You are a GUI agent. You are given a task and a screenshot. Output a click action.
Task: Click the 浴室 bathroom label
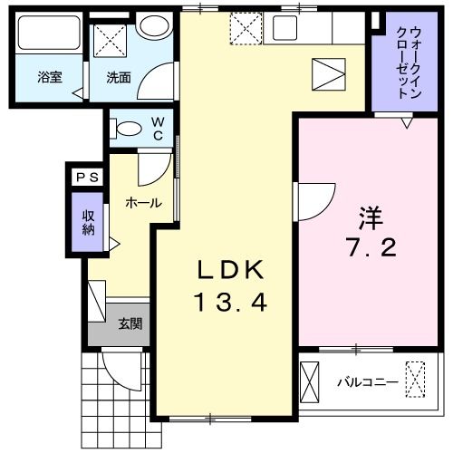point(49,78)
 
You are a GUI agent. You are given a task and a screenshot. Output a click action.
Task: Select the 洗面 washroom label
point(119,78)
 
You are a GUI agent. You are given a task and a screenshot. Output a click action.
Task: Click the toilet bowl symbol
point(129,128)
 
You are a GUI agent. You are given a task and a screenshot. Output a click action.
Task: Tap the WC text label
point(158,127)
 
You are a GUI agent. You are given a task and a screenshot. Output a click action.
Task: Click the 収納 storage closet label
point(89,222)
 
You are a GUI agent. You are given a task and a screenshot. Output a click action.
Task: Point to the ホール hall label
point(142,203)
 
